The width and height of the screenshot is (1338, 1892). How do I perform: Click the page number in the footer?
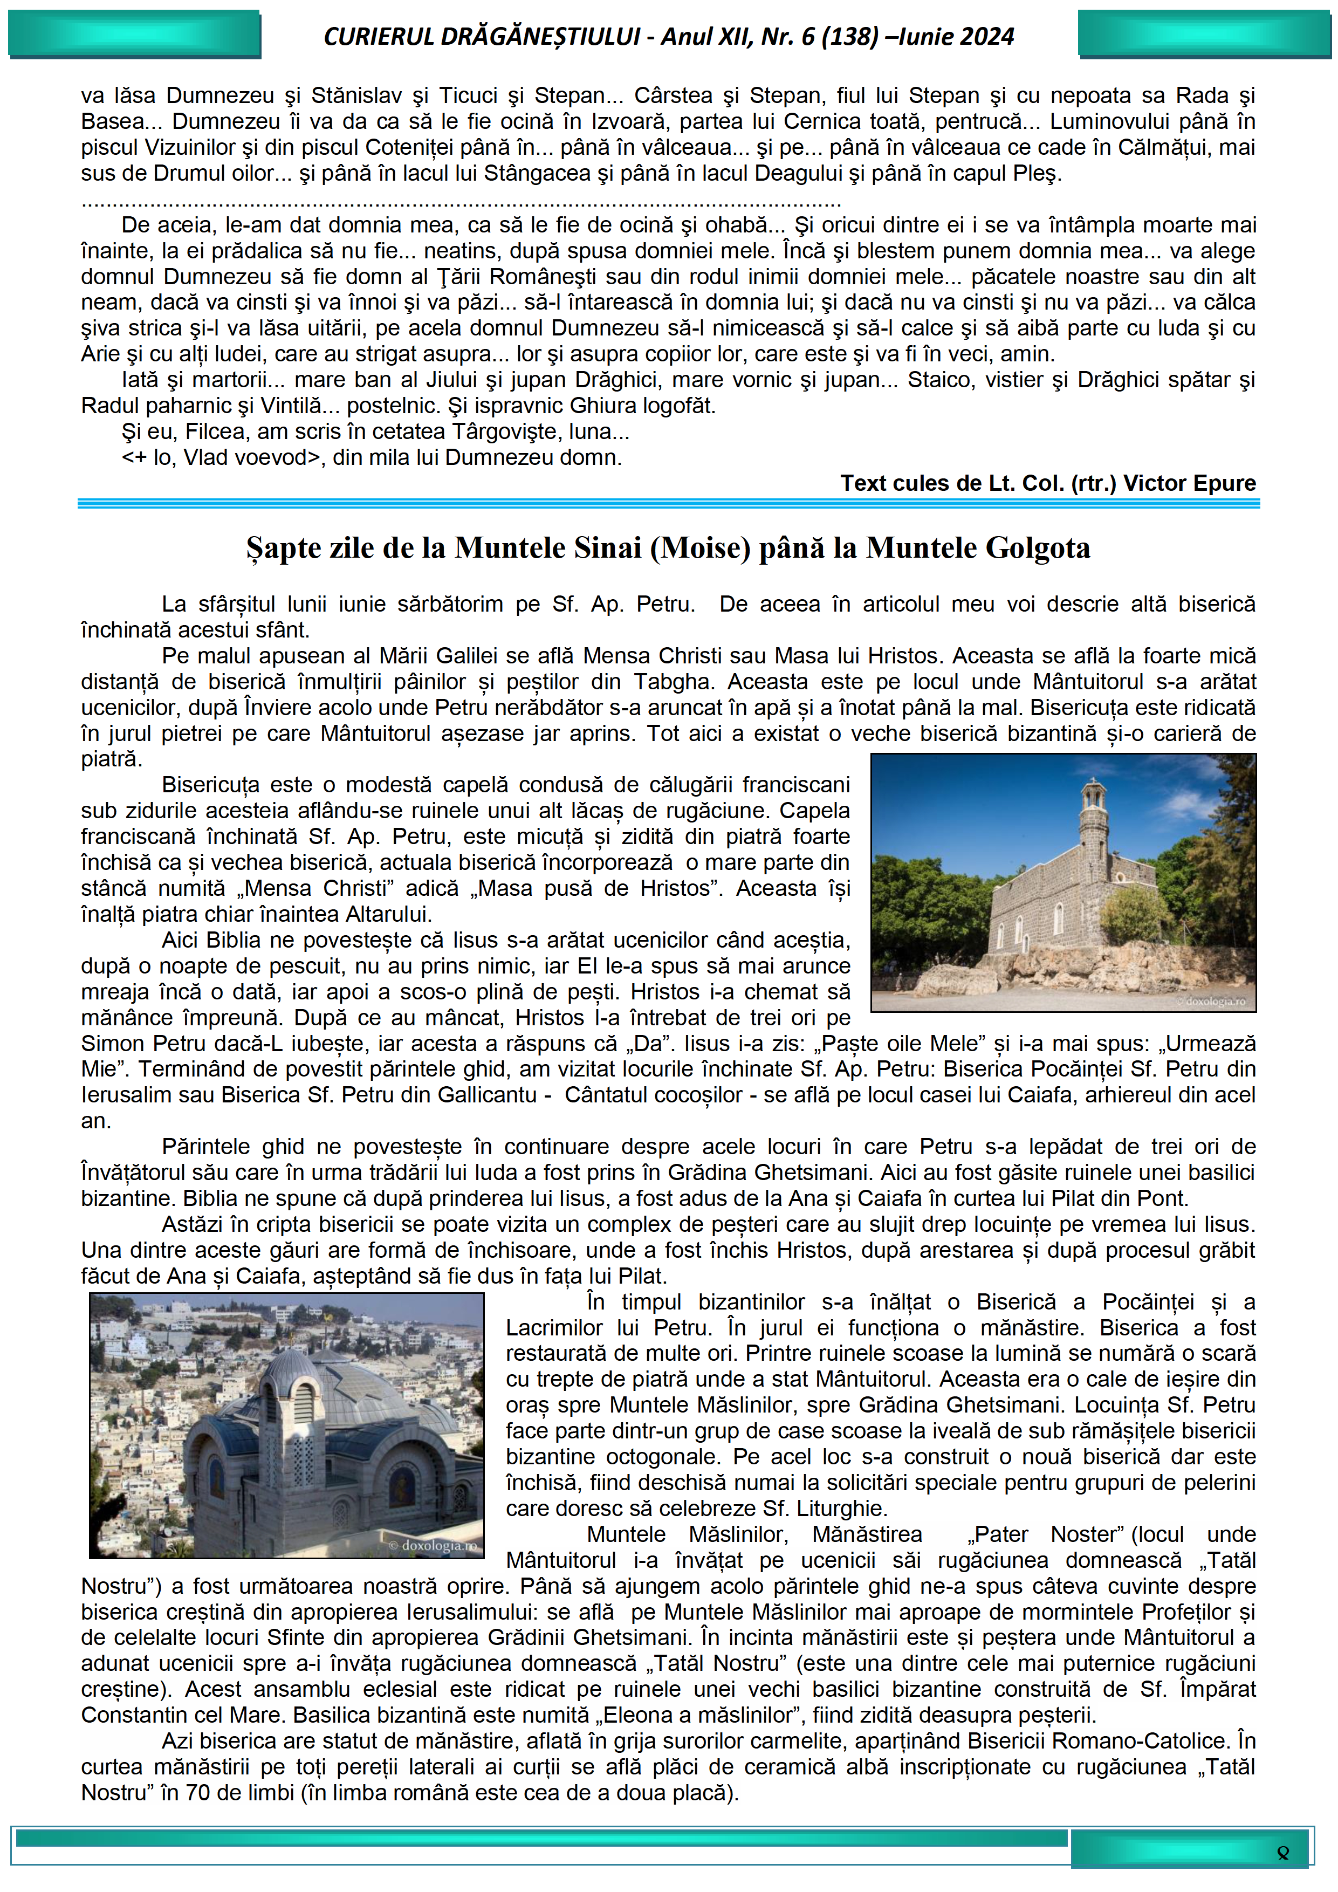pyautogui.click(x=1282, y=1853)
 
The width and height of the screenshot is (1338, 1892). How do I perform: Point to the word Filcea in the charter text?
pyautogui.click(x=214, y=432)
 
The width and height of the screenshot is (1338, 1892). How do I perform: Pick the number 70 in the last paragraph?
pyautogui.click(x=198, y=1793)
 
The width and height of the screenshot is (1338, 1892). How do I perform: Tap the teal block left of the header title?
pyautogui.click(x=134, y=35)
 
